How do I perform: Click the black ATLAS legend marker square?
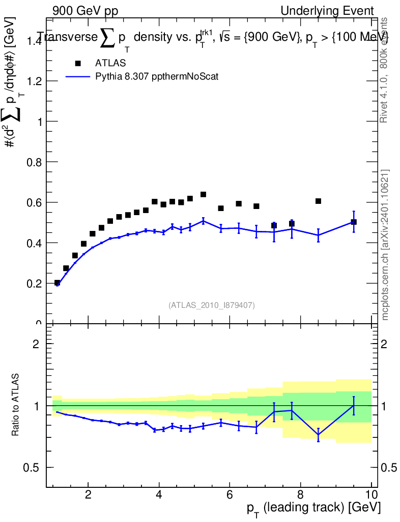(x=78, y=63)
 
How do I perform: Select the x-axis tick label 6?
(x=230, y=494)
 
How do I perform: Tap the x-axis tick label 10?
(x=371, y=494)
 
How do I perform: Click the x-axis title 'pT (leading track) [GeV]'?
(x=312, y=509)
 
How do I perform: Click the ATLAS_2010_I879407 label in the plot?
(x=212, y=305)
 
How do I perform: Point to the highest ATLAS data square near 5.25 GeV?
(x=203, y=194)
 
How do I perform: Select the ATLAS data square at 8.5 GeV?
(x=318, y=201)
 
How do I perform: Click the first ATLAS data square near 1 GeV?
(x=57, y=282)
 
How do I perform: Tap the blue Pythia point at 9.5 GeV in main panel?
(x=354, y=221)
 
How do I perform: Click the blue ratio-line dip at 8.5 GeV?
(x=318, y=435)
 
